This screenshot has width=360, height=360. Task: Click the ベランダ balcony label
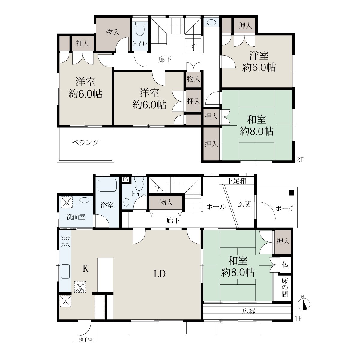click(x=85, y=143)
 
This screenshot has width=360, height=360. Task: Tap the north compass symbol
click(x=304, y=304)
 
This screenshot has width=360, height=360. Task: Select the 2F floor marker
click(x=300, y=160)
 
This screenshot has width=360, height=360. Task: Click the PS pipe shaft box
click(x=125, y=179)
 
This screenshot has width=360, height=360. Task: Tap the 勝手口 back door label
click(x=85, y=339)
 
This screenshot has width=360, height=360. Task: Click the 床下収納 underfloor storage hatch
click(x=80, y=287)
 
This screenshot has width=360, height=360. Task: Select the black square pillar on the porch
click(x=292, y=193)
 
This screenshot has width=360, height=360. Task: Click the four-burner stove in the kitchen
click(x=66, y=242)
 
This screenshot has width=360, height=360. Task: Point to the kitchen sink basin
click(x=65, y=271)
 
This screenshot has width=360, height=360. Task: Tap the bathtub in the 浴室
click(x=107, y=185)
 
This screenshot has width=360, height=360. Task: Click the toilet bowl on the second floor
click(x=140, y=29)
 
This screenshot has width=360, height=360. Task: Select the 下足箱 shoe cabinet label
click(x=236, y=181)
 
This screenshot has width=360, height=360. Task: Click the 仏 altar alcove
click(x=285, y=265)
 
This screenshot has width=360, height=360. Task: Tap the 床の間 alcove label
click(x=285, y=288)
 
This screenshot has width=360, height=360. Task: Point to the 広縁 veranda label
click(x=249, y=311)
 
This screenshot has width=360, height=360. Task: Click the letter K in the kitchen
click(x=85, y=268)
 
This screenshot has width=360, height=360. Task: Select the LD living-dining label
click(x=160, y=274)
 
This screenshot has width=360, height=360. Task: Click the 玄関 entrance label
click(x=244, y=204)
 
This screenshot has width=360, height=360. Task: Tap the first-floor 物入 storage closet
click(x=166, y=202)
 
